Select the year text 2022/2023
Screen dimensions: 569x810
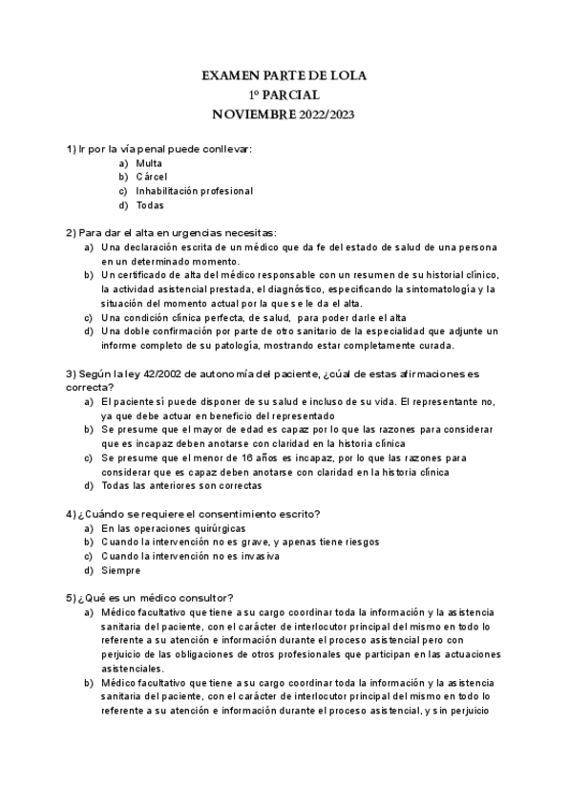pyautogui.click(x=327, y=114)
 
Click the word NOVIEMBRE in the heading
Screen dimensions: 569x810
pyautogui.click(x=253, y=114)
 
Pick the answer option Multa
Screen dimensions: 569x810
pyautogui.click(x=149, y=163)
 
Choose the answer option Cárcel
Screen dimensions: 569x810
pyautogui.click(x=151, y=177)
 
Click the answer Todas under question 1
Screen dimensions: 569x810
pyautogui.click(x=150, y=204)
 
